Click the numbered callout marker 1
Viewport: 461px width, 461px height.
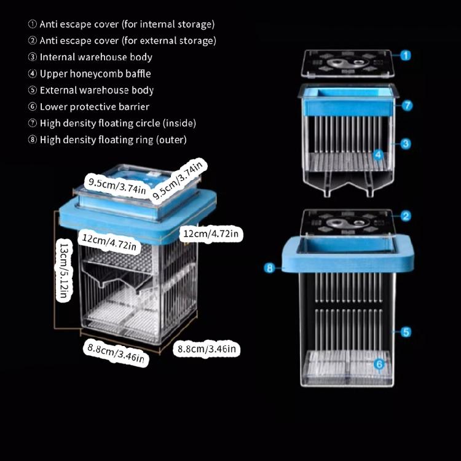(406, 56)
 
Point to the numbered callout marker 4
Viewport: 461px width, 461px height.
(379, 154)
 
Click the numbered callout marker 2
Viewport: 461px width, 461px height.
(406, 216)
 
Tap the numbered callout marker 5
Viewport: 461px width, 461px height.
(406, 332)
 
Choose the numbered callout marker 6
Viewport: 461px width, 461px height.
(379, 364)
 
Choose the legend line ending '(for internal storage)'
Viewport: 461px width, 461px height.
(121, 25)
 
